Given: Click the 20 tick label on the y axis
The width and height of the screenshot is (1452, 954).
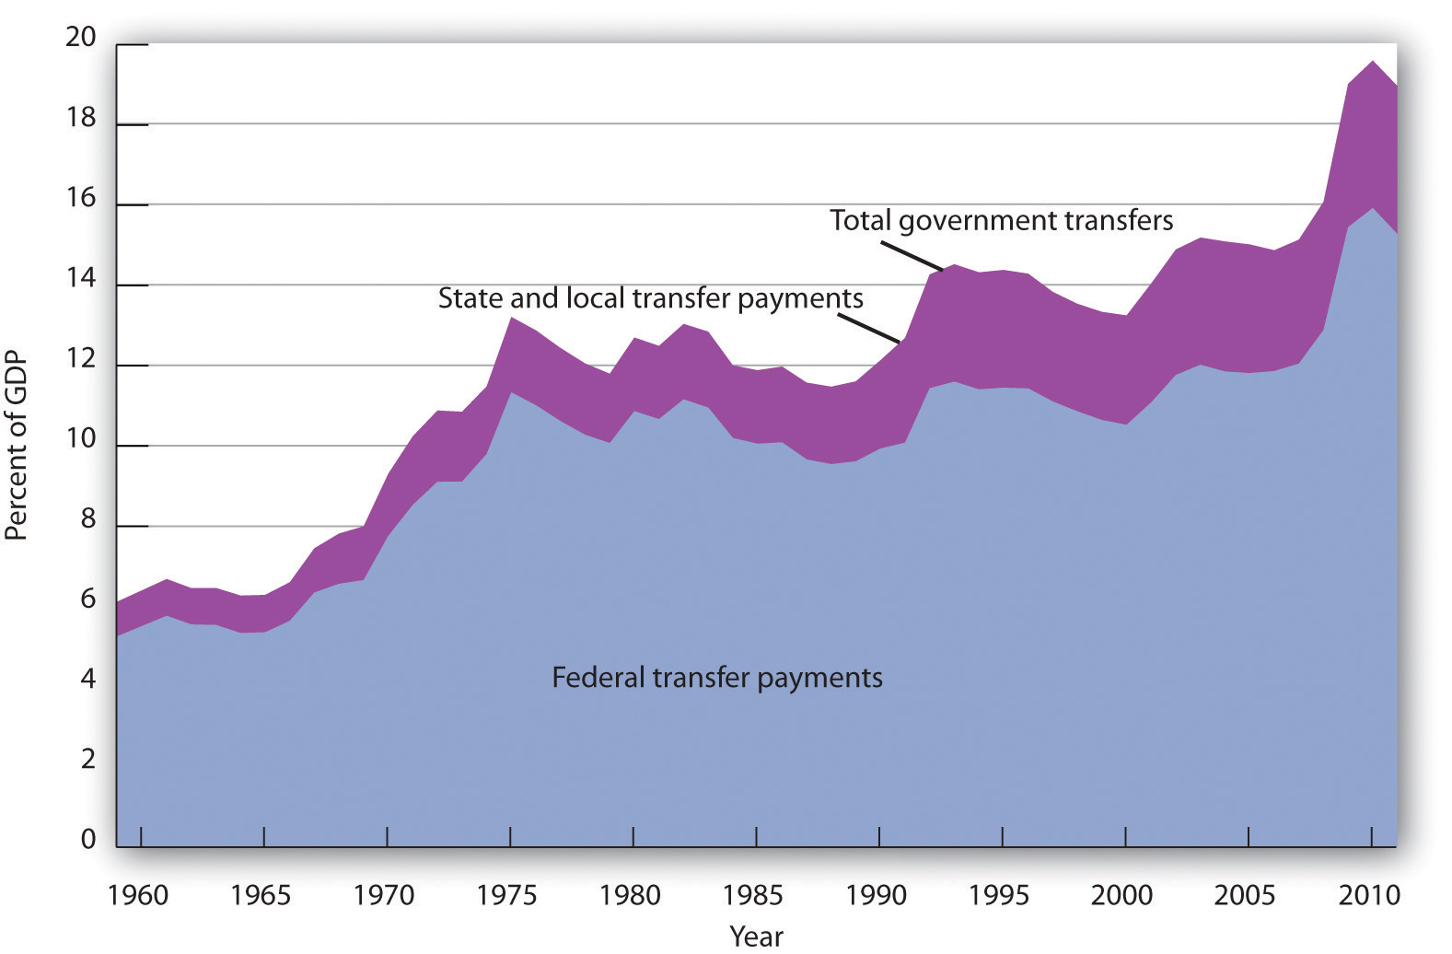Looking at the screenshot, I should pos(81,37).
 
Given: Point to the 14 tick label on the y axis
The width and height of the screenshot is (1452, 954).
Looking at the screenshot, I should pos(81,279).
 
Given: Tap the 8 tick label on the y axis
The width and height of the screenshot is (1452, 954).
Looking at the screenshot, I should pos(87,520).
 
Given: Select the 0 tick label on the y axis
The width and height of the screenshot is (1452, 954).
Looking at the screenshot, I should pos(87,839).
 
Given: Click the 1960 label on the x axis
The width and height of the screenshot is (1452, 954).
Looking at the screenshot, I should pos(138,895).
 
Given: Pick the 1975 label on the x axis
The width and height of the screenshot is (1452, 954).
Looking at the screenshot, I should pos(507,895).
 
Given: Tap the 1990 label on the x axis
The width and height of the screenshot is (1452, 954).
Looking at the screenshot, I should pos(877,895).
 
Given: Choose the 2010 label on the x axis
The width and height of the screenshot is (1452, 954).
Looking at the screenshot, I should pos(1369,895).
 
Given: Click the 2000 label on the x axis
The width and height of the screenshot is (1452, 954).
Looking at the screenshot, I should pos(1122,895).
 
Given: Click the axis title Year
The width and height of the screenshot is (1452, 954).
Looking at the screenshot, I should pos(756,937).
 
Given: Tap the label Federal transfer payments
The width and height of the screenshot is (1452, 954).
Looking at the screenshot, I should pos(716,678).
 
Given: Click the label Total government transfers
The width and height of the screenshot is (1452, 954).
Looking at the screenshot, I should pos(1001,221).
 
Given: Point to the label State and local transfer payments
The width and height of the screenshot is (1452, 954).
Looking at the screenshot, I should pos(650,298).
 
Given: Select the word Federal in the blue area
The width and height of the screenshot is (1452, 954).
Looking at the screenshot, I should pos(599,678).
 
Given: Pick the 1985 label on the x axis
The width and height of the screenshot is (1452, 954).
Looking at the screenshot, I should pos(753,895).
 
